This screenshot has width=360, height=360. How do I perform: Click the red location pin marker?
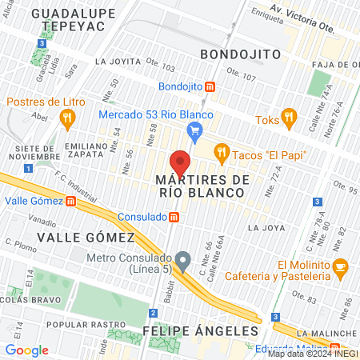pos(181,162)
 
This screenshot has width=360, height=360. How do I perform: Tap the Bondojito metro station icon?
pos(210,86)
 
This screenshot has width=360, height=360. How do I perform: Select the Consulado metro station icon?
pos(174,217)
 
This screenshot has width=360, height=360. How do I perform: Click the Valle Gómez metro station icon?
pos(71,202)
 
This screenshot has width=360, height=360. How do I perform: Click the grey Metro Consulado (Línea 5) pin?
pos(183,261)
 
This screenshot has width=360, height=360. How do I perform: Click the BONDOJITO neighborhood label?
pos(240,54)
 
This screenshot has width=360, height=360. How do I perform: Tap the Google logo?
pos(26,350)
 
